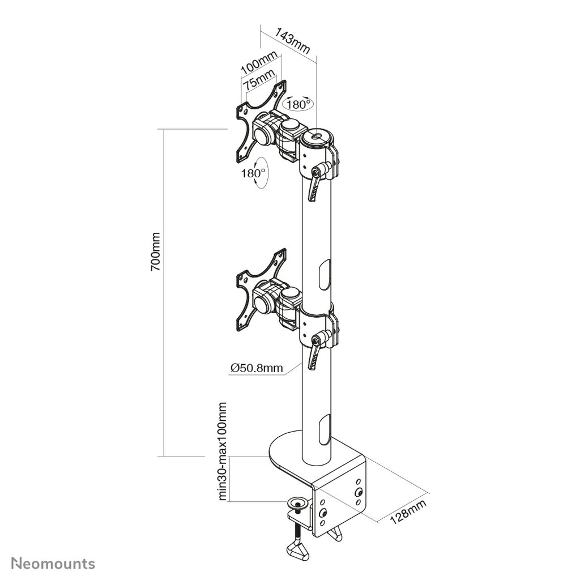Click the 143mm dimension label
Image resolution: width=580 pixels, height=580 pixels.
pyautogui.click(x=292, y=40)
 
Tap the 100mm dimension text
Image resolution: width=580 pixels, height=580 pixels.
pyautogui.click(x=259, y=62)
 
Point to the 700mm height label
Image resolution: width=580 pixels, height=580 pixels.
pyautogui.click(x=155, y=251)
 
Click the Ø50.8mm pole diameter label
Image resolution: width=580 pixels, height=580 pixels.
pyautogui.click(x=257, y=368)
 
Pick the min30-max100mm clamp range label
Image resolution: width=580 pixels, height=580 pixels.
pyautogui.click(x=222, y=451)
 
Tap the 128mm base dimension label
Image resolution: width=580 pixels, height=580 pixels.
pyautogui.click(x=408, y=511)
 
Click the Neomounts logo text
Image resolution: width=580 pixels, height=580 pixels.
pyautogui.click(x=53, y=564)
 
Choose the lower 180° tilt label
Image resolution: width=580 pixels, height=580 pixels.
pyautogui.click(x=253, y=173)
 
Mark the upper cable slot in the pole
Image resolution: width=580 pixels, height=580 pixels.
pyautogui.click(x=324, y=275)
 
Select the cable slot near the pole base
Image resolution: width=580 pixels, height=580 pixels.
pyautogui.click(x=324, y=429)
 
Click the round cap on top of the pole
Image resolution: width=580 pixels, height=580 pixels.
pyautogui.click(x=317, y=137)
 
